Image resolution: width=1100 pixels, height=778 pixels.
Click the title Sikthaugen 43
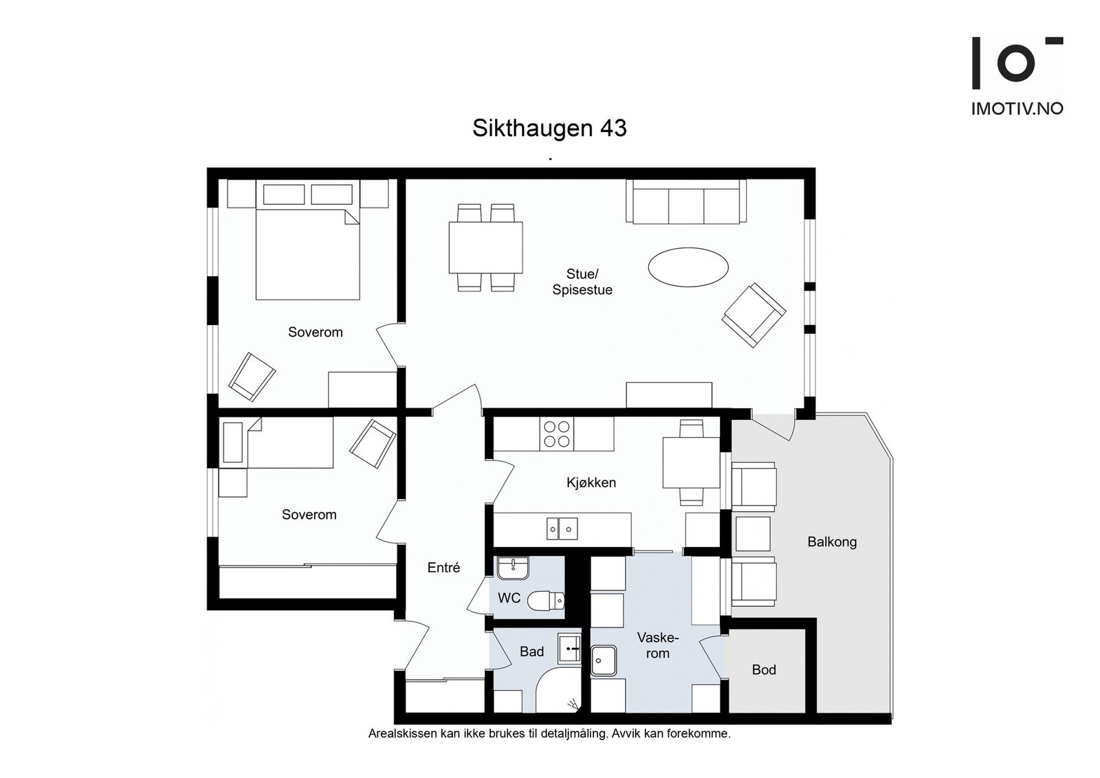549,129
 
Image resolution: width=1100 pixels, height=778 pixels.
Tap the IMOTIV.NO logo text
1017,109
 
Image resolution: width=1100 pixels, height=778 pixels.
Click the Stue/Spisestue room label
582,282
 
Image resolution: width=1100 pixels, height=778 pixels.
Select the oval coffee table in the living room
687,267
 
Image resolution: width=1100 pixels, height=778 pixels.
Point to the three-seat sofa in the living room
685,203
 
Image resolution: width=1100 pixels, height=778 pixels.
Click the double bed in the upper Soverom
307,251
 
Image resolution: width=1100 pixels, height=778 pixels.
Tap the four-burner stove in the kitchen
557,434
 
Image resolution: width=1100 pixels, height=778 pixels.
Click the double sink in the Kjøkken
562,529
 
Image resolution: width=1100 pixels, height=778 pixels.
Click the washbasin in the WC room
512,568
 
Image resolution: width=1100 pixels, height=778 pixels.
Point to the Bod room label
764,669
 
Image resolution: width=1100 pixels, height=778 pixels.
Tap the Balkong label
832,542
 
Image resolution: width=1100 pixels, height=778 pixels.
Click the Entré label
443,568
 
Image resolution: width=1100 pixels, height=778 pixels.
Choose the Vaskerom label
657,645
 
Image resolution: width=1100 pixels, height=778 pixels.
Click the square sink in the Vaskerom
604,661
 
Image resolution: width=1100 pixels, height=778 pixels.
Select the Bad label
531,652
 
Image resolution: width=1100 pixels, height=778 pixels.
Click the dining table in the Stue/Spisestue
485,247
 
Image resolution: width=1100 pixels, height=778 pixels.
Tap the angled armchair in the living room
753,315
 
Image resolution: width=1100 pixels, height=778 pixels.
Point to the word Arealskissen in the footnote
401,733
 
